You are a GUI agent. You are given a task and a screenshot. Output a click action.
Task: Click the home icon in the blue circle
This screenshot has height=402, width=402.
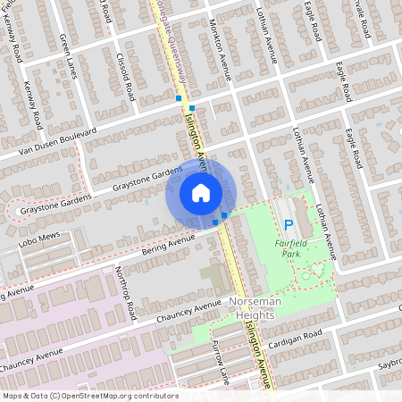pos(201,193)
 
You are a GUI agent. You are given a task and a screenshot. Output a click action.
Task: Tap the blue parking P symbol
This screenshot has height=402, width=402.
pos(287,224)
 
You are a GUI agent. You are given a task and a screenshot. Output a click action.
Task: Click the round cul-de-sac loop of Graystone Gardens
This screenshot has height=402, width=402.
pos(15,211)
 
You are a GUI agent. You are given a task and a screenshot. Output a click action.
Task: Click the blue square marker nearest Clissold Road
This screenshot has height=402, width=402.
pos(179,98)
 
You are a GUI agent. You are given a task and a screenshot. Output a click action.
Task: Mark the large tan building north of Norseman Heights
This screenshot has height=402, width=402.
pos(214,278)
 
